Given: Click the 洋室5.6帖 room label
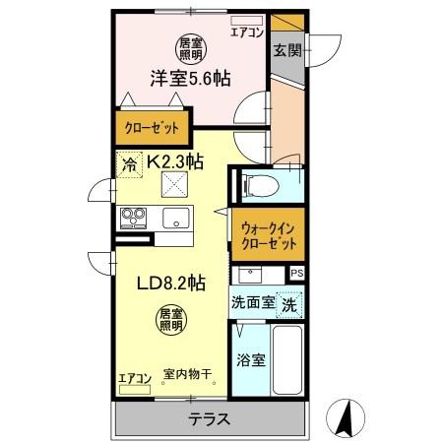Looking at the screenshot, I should click(190, 79).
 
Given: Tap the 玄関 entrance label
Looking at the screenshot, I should click(286, 50).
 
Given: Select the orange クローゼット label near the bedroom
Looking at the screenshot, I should click(154, 128).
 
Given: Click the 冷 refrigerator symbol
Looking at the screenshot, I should click(129, 164).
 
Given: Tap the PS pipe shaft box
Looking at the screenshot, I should click(296, 274).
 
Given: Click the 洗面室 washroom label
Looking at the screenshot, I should click(252, 303).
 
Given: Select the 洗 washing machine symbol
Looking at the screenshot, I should click(289, 304).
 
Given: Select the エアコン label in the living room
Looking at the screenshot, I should click(134, 377).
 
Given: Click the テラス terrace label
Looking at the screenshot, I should click(209, 419).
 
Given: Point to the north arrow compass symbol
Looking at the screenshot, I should click(345, 417).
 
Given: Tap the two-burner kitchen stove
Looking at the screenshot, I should click(132, 216).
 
